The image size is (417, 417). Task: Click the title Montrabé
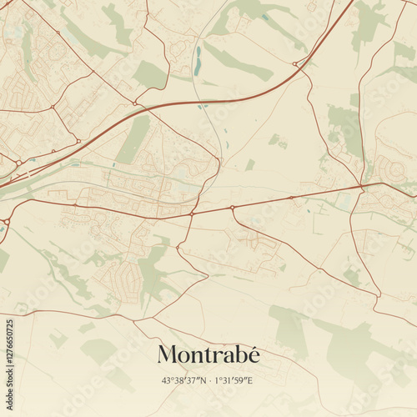point(208,354)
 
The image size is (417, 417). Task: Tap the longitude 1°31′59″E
point(236,380)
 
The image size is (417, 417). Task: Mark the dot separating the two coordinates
point(208,380)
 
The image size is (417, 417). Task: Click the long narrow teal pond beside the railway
point(198,60)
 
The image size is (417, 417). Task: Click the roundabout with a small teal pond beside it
point(233,206)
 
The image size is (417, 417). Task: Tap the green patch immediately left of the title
point(98,350)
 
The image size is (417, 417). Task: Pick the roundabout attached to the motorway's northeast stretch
point(296,63)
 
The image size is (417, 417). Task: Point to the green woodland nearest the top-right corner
point(367,25)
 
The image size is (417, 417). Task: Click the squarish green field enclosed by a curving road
point(150,75)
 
